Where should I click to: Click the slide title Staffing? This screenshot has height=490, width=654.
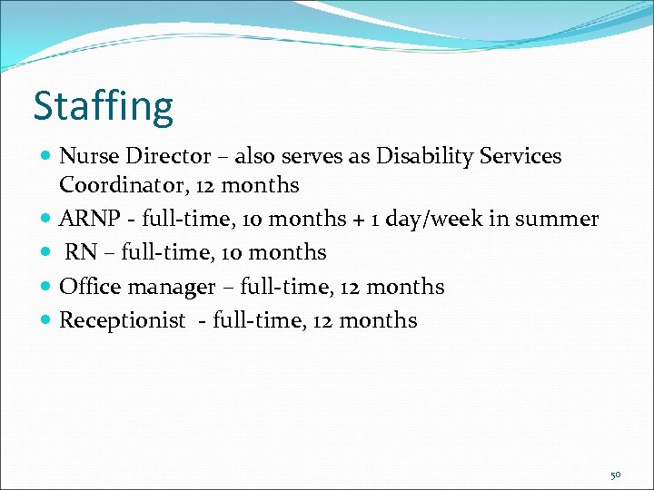coord(103,106)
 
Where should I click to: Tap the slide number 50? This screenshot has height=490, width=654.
coord(616,475)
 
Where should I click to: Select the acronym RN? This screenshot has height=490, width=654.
coord(81,252)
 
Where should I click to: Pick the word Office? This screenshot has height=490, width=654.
coord(88,287)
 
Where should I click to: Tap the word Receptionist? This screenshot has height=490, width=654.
coord(122,320)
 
